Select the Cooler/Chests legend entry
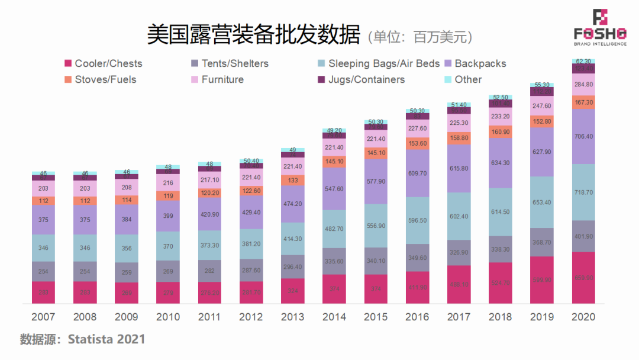point(103,63)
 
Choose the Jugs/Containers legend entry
point(361,79)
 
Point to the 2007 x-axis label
point(44,317)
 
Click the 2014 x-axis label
point(334,317)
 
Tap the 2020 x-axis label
point(583,317)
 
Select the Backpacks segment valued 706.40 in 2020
point(583,136)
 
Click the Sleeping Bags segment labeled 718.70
point(583,192)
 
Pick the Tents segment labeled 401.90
point(583,236)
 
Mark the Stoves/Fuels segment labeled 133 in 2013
point(293,181)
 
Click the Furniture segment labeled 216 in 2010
point(168,184)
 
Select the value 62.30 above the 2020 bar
point(583,61)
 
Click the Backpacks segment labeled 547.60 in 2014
point(334,189)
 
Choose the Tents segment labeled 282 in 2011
point(209,271)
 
